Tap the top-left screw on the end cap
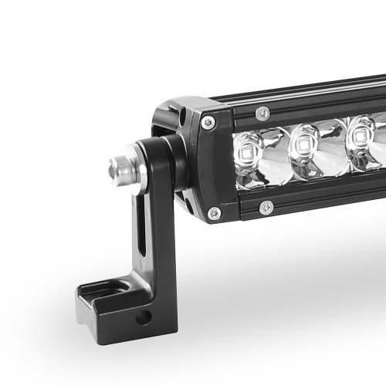coord(208,122)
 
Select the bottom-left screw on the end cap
coord(214,212)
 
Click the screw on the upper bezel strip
coord(263,113)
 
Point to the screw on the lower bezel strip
coord(266,207)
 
